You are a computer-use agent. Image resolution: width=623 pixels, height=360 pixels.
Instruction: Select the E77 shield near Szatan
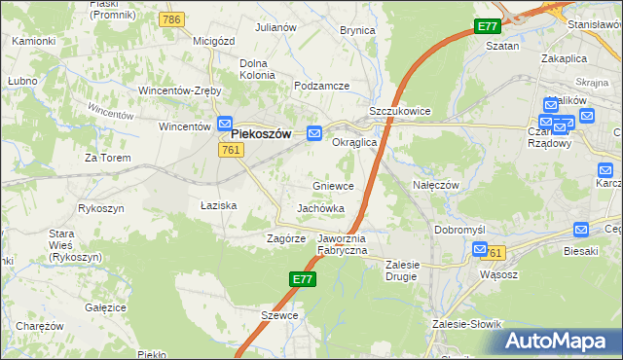(x=488, y=27)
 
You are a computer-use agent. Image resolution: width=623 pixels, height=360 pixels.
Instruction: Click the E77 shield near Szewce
(x=303, y=279)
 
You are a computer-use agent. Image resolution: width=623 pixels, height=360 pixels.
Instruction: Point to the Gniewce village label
(x=333, y=185)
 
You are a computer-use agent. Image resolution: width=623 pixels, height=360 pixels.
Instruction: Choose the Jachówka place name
(x=320, y=208)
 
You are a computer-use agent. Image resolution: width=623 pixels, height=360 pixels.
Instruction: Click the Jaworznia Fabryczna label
(x=342, y=243)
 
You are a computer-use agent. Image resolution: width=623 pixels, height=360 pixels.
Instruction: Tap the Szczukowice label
(x=400, y=112)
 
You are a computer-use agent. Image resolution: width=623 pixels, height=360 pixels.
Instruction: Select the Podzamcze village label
(x=321, y=86)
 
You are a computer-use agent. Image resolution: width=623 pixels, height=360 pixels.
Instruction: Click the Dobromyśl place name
(x=459, y=229)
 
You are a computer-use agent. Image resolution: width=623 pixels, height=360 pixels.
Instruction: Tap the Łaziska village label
(x=219, y=205)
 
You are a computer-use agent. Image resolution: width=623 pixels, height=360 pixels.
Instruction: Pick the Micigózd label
(x=216, y=41)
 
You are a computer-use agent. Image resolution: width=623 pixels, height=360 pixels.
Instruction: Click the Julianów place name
(x=275, y=27)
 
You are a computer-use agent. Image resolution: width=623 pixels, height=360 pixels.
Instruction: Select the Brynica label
(x=357, y=30)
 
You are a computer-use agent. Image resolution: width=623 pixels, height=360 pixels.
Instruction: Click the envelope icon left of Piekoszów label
(x=224, y=125)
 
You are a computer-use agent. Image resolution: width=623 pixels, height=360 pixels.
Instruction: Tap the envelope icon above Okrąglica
(x=314, y=133)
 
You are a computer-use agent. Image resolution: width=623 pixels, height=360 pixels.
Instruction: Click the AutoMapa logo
(x=556, y=341)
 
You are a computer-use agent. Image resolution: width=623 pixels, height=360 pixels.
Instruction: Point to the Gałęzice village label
(x=106, y=306)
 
